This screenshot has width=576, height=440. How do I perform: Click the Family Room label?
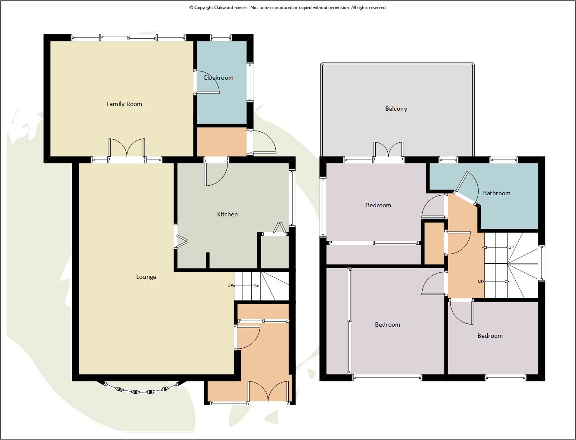click(124, 104)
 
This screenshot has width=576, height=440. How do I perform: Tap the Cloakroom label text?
click(218, 78)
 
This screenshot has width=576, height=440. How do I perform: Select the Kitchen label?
click(227, 214)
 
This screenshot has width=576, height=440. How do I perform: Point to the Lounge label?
click(146, 277)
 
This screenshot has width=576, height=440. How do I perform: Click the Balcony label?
click(396, 109)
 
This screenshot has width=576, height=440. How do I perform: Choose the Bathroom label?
click(496, 193)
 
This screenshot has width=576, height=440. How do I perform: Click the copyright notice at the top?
click(288, 7)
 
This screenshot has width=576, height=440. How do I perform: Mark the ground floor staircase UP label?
click(230, 286)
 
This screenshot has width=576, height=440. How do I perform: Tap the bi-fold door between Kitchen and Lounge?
click(181, 242)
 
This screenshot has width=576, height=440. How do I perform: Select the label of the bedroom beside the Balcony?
click(378, 205)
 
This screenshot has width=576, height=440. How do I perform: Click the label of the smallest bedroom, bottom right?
click(490, 336)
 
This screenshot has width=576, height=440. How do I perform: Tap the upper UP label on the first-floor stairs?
click(511, 247)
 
